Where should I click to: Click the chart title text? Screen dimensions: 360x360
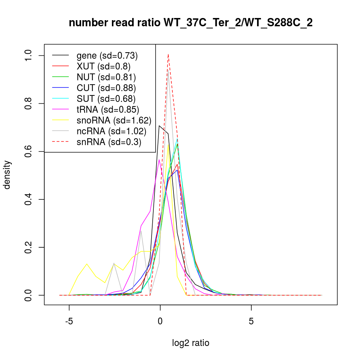point(190,23)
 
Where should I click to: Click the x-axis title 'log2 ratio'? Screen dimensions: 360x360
point(190,343)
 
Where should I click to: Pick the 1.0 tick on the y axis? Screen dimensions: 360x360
point(29,55)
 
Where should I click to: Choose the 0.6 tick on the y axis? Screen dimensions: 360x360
point(29,151)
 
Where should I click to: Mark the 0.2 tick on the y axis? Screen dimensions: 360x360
point(29,247)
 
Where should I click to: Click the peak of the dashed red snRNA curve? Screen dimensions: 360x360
point(168,54)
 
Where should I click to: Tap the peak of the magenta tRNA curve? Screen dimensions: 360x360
point(159,159)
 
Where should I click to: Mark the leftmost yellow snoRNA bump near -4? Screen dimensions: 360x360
point(87,264)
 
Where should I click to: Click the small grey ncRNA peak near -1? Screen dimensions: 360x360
point(141,230)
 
